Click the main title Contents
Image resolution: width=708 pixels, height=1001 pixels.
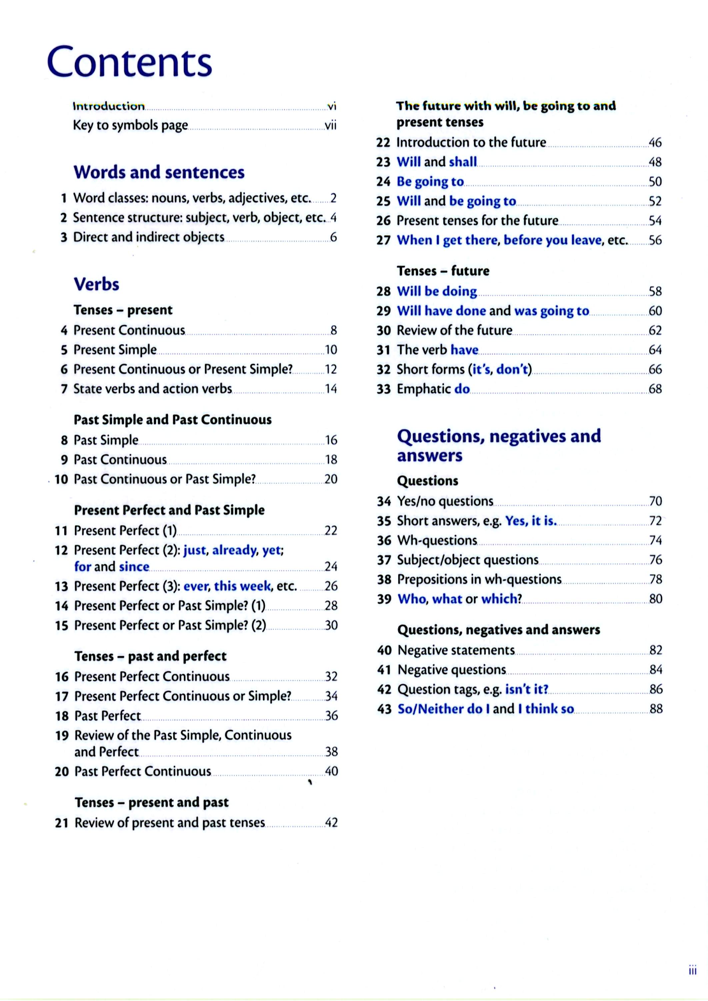[129, 62]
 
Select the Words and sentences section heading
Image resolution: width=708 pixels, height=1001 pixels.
[159, 173]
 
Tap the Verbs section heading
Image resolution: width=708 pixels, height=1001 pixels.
[96, 284]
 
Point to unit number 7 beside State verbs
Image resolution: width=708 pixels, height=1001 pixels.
[64, 389]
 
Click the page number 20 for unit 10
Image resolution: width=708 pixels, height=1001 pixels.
[331, 479]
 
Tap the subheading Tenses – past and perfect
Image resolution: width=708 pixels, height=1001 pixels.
[150, 656]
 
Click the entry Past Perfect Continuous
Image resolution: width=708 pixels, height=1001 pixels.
[143, 771]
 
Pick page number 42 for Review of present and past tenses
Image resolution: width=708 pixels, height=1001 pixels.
[331, 822]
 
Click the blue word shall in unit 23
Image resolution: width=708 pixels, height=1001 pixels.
[463, 162]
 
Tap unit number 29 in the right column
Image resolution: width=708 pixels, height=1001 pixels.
[384, 311]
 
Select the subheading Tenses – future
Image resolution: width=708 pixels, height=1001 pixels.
[443, 271]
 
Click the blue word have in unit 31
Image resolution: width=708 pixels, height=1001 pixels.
[464, 350]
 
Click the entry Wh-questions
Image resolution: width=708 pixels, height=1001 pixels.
[437, 540]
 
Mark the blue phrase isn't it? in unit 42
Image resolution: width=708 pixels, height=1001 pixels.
[527, 689]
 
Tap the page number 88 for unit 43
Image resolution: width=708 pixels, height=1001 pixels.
[656, 709]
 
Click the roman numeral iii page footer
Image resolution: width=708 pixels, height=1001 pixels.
[692, 971]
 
